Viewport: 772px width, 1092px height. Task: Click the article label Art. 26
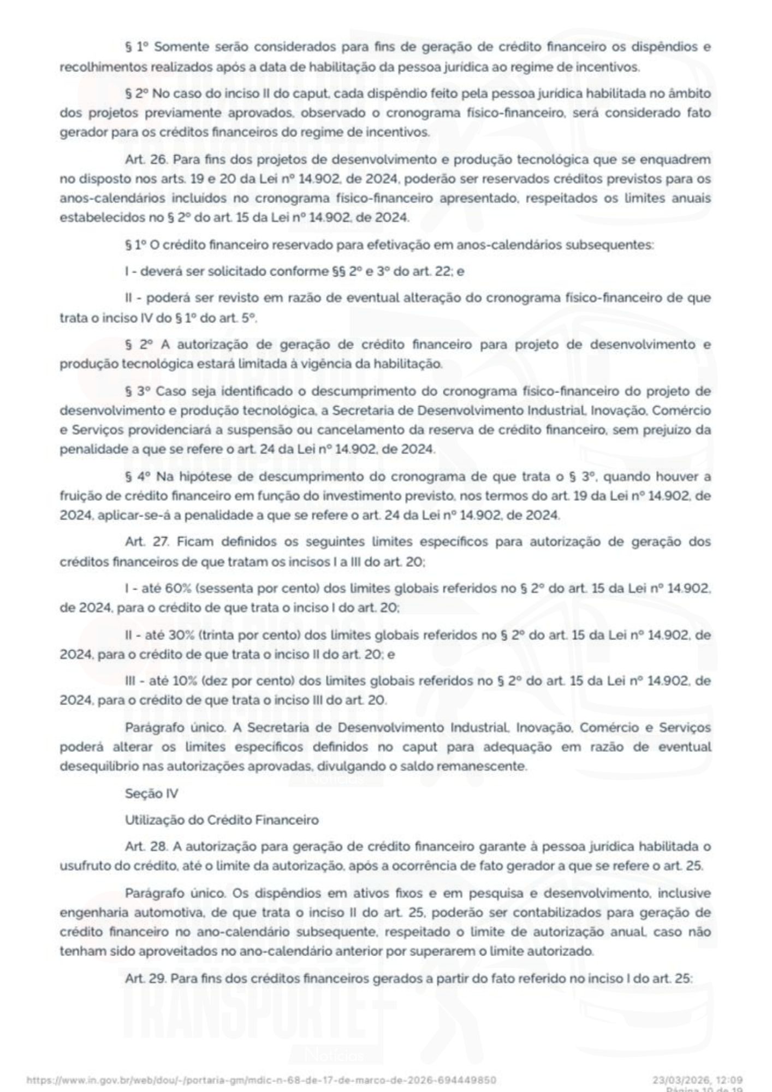click(x=142, y=159)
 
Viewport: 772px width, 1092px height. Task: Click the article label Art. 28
click(x=143, y=846)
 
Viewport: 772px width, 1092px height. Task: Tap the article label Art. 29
click(x=143, y=979)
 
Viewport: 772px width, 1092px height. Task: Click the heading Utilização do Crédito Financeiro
click(x=222, y=820)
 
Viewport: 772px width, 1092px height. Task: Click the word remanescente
click(x=485, y=766)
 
